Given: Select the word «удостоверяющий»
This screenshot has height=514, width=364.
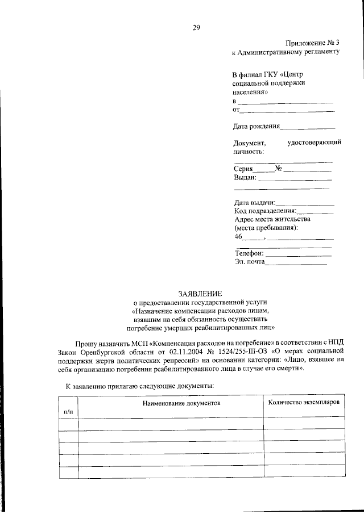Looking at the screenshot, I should pyautogui.click(x=315, y=143).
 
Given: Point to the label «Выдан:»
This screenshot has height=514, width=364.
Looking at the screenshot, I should pyautogui.click(x=245, y=177).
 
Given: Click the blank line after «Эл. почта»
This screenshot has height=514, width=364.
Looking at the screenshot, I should pyautogui.click(x=296, y=263).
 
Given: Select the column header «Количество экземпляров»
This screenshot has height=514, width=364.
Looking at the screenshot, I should pyautogui.click(x=304, y=402).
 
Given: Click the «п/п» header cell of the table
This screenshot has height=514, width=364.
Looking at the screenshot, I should pyautogui.click(x=68, y=409).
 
